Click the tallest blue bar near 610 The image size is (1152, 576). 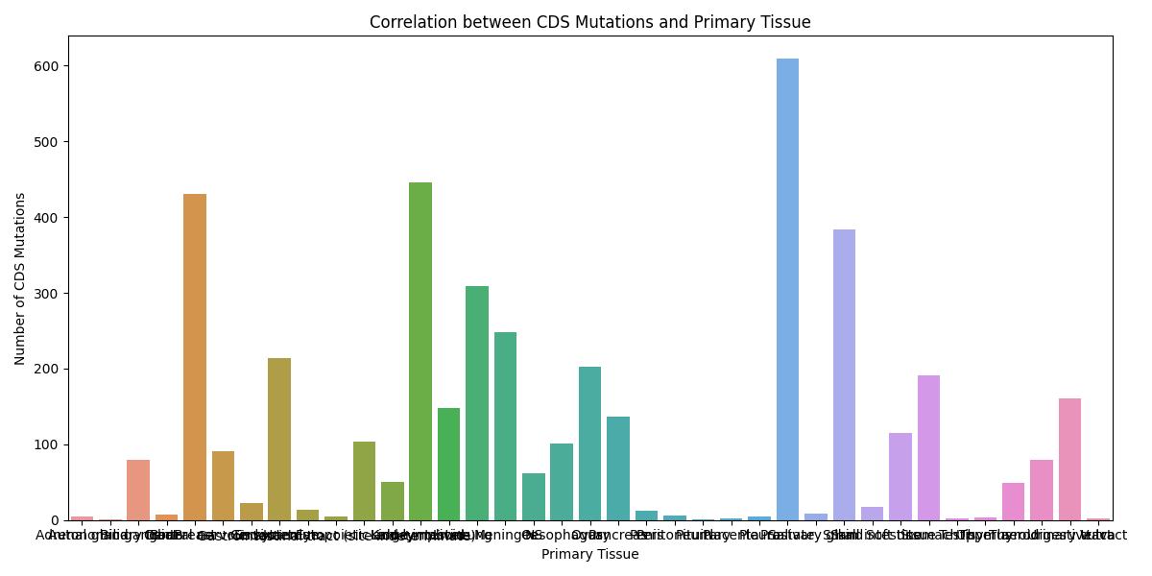click(x=787, y=288)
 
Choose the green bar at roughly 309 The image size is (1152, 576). click(x=477, y=403)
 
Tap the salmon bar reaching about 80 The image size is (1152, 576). click(x=138, y=490)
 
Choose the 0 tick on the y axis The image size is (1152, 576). click(x=56, y=520)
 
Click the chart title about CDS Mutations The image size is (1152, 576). click(x=589, y=22)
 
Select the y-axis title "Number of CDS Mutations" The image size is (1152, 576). click(x=20, y=278)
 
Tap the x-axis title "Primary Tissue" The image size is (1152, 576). click(x=589, y=554)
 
